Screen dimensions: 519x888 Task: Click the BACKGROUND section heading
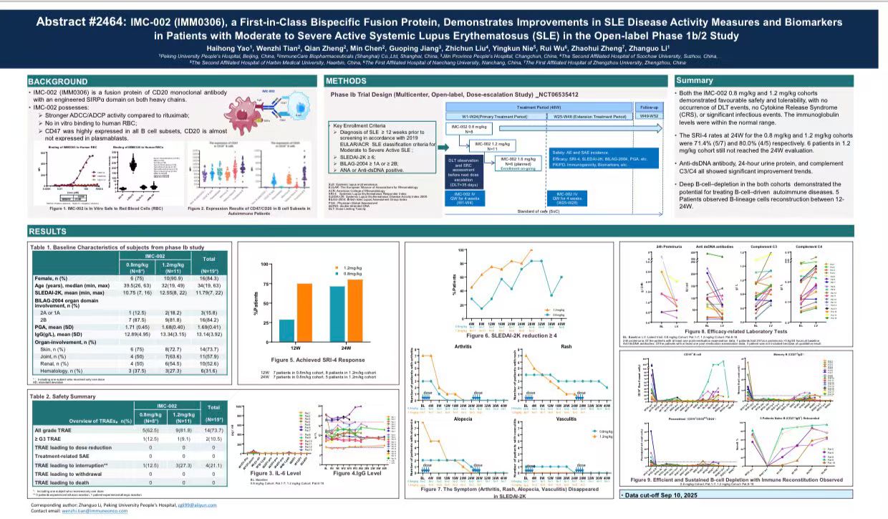click(58, 82)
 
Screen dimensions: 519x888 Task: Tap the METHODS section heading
click(347, 81)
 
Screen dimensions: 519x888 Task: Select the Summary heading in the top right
click(695, 80)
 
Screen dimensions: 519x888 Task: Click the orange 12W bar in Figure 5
click(304, 303)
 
